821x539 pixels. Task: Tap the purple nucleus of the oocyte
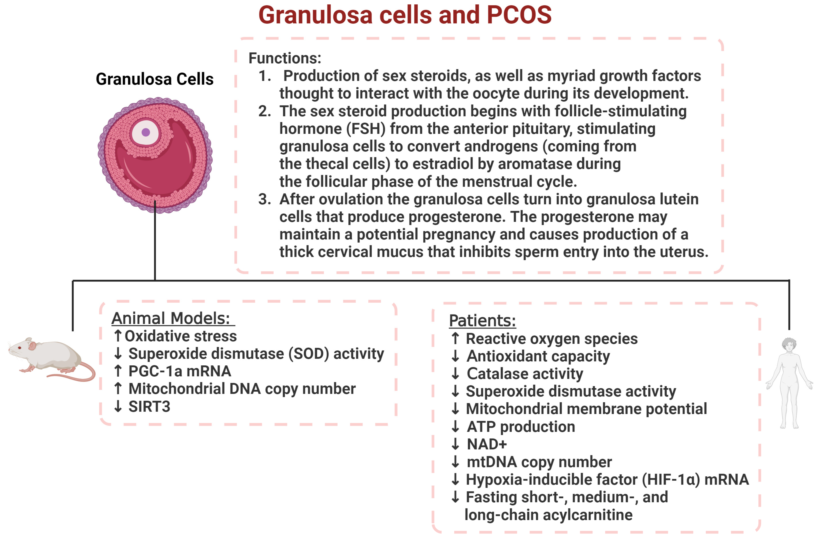point(146,132)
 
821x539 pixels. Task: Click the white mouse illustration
point(52,359)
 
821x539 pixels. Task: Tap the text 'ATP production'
point(521,427)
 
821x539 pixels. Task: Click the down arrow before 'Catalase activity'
point(455,373)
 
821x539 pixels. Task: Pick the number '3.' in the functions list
point(265,199)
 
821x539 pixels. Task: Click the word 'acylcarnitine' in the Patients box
point(588,515)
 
